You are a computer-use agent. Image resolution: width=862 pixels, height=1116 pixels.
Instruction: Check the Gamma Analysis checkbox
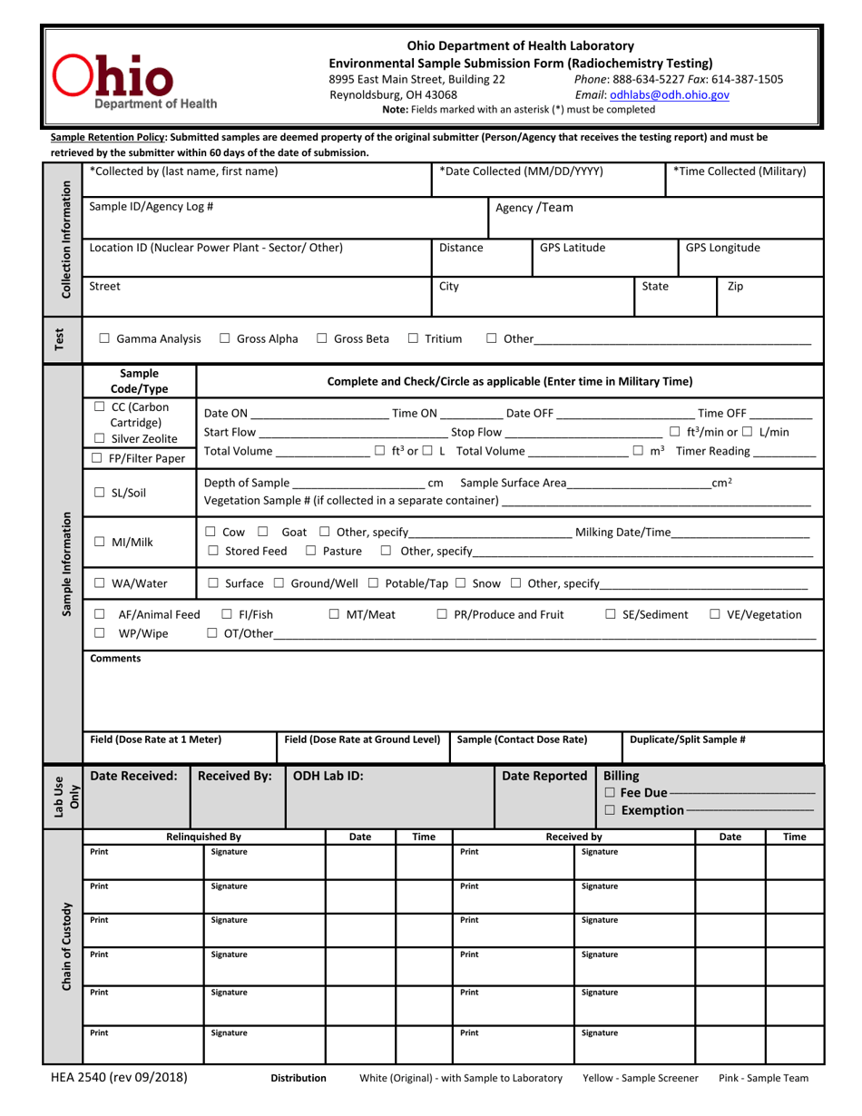[x=104, y=339]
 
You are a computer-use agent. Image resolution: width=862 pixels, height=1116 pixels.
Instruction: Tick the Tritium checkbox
[x=413, y=339]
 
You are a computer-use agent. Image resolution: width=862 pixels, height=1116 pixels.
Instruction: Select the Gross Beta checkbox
[x=322, y=339]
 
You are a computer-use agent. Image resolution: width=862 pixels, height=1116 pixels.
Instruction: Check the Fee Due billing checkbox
[x=610, y=793]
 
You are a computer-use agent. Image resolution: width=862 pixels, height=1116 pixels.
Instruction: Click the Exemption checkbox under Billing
[x=610, y=809]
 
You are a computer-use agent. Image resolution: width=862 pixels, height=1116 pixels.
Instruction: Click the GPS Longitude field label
[x=722, y=248]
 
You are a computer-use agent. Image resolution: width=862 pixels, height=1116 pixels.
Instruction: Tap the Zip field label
[x=735, y=286]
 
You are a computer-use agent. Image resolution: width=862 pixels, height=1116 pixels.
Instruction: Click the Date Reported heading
[x=544, y=776]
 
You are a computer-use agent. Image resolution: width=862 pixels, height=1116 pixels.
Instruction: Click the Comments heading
[x=115, y=659]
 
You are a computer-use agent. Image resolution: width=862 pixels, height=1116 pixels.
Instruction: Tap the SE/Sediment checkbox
[x=610, y=615]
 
